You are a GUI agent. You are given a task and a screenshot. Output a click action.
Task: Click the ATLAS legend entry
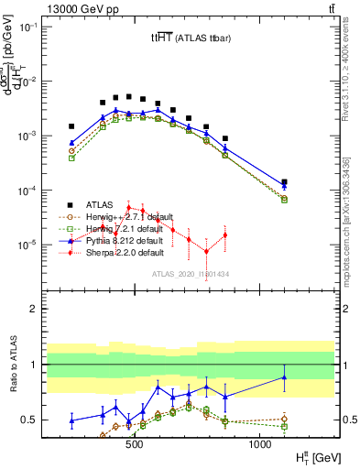click(103, 204)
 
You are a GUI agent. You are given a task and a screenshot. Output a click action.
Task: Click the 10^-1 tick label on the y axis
click(29, 27)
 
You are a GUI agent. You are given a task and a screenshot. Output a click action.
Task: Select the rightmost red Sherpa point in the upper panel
click(224, 235)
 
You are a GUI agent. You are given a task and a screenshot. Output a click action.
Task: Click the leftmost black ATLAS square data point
click(71, 126)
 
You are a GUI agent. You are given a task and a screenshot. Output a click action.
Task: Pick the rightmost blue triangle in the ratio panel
click(284, 376)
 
